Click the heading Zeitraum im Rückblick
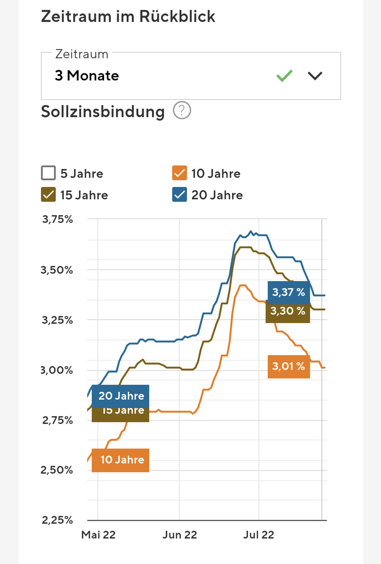click(128, 17)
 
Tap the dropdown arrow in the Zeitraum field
click(315, 75)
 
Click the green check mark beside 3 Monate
click(284, 75)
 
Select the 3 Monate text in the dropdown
click(87, 75)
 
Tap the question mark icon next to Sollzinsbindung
click(182, 110)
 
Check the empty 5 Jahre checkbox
click(48, 173)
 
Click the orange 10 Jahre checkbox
click(180, 173)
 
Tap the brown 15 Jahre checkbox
click(48, 195)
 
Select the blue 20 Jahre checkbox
click(180, 195)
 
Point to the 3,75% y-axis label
click(58, 219)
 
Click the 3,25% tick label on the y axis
click(58, 320)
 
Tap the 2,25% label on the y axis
click(58, 520)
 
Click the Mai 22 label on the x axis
click(98, 535)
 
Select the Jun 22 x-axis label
click(180, 535)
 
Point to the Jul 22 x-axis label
click(259, 535)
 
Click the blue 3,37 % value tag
click(289, 292)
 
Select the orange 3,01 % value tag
click(289, 366)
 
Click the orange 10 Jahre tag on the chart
click(120, 460)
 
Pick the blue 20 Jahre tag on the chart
click(120, 396)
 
